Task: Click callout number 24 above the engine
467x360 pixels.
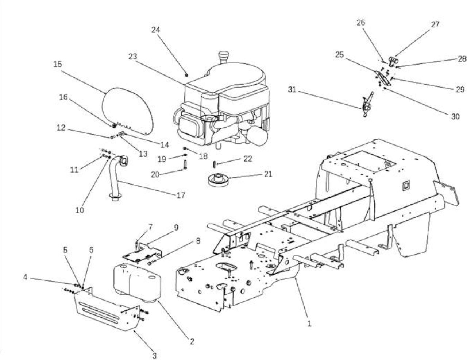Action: pyautogui.click(x=155, y=30)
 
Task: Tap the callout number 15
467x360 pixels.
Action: pyautogui.click(x=58, y=64)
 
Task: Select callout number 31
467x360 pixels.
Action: pyautogui.click(x=292, y=89)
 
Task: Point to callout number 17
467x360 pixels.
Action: pyautogui.click(x=181, y=195)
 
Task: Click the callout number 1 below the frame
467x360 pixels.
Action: pyautogui.click(x=309, y=324)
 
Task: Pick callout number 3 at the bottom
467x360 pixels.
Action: pyautogui.click(x=154, y=356)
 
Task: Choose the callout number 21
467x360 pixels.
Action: pyautogui.click(x=268, y=174)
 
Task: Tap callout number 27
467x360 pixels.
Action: pyautogui.click(x=435, y=24)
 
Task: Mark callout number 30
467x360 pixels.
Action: pyautogui.click(x=455, y=117)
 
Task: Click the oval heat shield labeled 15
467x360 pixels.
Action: pyautogui.click(x=128, y=111)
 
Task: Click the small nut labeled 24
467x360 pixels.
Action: pyautogui.click(x=187, y=75)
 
